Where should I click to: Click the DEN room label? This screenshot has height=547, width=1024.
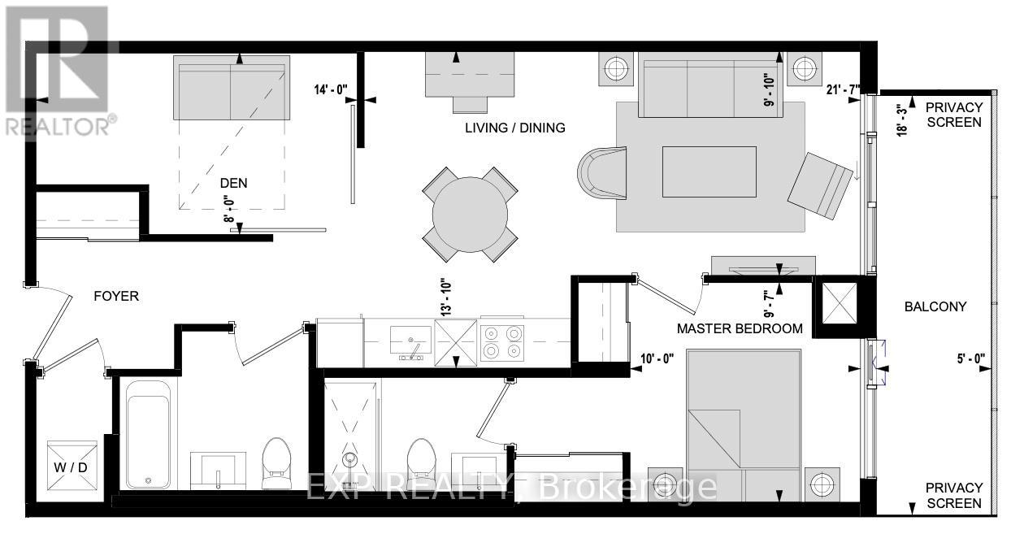[233, 184]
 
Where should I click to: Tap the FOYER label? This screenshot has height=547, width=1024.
[116, 296]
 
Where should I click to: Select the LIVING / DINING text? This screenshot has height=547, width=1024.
[515, 128]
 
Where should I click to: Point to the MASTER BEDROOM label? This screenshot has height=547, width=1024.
[740, 329]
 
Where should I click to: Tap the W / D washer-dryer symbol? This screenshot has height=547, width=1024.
[72, 467]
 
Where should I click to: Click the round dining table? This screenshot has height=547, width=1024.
[471, 215]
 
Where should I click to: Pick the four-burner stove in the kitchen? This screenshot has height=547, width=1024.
[501, 342]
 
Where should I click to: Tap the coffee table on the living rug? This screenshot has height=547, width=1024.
[709, 171]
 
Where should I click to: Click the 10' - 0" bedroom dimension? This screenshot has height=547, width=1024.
[657, 357]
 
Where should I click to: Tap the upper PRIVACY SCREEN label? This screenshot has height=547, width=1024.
[954, 115]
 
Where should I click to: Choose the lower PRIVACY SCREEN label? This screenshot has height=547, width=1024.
[954, 495]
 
